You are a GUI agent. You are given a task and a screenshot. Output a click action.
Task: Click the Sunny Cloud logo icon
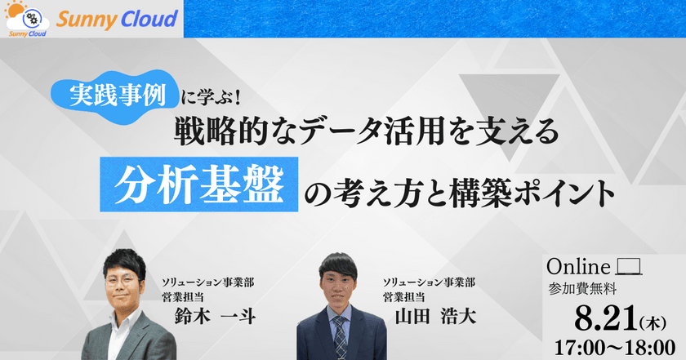(x=26, y=17)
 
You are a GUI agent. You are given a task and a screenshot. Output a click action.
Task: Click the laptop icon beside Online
(x=627, y=267)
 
